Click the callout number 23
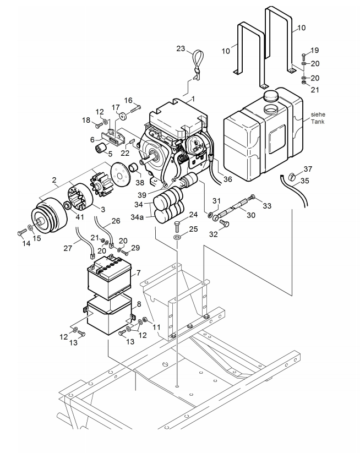click(x=181, y=48)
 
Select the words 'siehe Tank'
click(x=318, y=118)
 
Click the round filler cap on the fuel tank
click(x=271, y=95)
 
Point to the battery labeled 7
click(x=110, y=276)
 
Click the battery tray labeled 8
click(x=109, y=315)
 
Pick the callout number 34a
click(x=137, y=216)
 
